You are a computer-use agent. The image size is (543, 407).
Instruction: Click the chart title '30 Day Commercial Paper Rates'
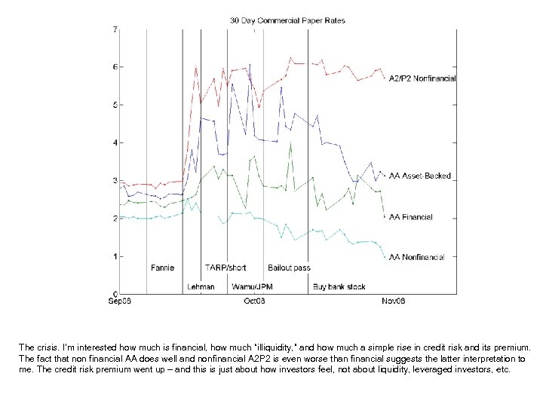pyautogui.click(x=287, y=21)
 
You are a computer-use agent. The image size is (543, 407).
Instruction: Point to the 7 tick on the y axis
pyautogui.click(x=115, y=29)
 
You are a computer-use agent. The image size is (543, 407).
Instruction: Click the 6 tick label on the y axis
pyautogui.click(x=115, y=67)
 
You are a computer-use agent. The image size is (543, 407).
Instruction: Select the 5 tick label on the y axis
pyautogui.click(x=115, y=105)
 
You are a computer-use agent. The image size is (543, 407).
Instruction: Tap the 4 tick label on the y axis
pyautogui.click(x=115, y=142)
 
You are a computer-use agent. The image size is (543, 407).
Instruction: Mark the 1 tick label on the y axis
pyautogui.click(x=115, y=256)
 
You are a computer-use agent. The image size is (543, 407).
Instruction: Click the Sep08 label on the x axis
pyautogui.click(x=120, y=301)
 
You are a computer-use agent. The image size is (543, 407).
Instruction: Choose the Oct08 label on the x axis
pyautogui.click(x=253, y=301)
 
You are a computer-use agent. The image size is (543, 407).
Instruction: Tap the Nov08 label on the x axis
pyautogui.click(x=392, y=301)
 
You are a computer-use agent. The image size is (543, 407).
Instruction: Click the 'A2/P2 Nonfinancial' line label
pyautogui.click(x=422, y=78)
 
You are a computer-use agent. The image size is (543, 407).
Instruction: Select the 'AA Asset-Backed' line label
pyautogui.click(x=419, y=176)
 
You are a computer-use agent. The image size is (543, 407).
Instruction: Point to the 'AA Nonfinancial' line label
pyautogui.click(x=416, y=257)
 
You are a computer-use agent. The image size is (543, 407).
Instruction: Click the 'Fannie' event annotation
pyautogui.click(x=162, y=268)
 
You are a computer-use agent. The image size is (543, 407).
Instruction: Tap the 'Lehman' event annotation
pyautogui.click(x=201, y=286)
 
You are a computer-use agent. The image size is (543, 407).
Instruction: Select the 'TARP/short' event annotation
pyautogui.click(x=225, y=268)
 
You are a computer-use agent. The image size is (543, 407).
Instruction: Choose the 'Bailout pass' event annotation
pyautogui.click(x=289, y=268)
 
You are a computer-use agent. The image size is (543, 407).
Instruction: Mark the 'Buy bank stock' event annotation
pyautogui.click(x=339, y=286)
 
